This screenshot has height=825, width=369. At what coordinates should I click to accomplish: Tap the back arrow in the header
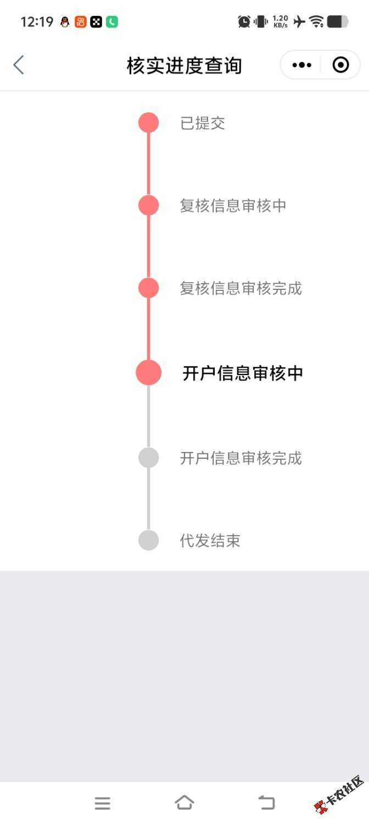tap(19, 65)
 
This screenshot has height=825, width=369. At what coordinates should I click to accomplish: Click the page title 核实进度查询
tap(184, 65)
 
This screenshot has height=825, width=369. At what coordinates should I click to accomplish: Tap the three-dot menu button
tap(302, 65)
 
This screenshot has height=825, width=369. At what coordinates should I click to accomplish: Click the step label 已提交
tap(203, 123)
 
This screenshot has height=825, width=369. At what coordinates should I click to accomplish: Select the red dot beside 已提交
tap(148, 123)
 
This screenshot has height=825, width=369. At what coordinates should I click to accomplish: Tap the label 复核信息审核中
tap(233, 206)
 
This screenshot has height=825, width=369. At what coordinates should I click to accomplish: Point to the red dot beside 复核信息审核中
tap(148, 205)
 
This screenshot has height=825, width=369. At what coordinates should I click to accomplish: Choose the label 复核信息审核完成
tap(241, 288)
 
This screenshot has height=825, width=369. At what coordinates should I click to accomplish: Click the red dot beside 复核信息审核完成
tap(148, 288)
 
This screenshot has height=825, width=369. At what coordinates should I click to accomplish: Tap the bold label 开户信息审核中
tap(243, 373)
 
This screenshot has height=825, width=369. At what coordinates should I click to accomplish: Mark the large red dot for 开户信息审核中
tap(148, 373)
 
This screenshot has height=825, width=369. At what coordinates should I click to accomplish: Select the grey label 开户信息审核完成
tap(241, 458)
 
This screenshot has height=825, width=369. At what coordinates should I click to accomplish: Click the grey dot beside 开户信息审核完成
tap(148, 458)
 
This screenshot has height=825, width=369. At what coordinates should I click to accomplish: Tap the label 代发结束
tap(210, 541)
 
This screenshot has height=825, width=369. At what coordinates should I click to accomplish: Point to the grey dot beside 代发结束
tap(148, 540)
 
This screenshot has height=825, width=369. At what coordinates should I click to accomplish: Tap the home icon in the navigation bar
tap(185, 802)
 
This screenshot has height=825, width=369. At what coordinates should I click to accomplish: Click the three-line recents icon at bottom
tap(103, 803)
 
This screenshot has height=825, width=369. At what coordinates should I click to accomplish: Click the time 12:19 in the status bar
tap(37, 22)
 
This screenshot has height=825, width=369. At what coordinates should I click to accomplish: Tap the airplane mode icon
tap(299, 21)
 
